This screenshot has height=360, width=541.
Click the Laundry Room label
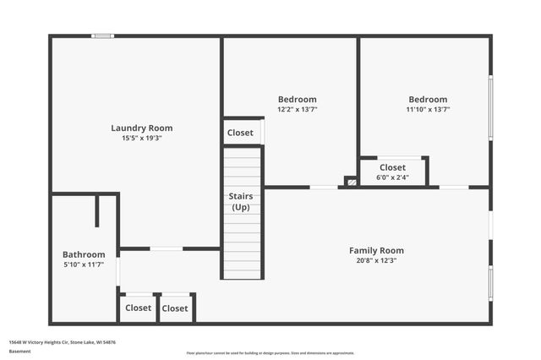point(141,128)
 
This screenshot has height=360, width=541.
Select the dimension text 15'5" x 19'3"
point(141,139)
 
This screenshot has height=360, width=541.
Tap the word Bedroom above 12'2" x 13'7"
point(297,99)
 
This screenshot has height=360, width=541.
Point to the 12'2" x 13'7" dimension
point(297,109)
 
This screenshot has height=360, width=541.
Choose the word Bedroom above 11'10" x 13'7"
point(428,99)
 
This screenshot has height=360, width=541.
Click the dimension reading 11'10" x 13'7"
point(428,109)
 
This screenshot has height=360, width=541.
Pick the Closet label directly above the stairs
point(240,133)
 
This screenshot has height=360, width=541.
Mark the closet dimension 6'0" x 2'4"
point(392,177)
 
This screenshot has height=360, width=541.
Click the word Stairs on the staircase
point(241,196)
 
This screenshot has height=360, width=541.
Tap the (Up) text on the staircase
point(241,207)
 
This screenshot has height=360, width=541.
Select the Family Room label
point(376,250)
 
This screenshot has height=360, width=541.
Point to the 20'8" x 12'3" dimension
point(376,261)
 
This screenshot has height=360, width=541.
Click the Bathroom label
point(84,254)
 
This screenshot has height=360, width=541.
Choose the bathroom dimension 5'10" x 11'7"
point(84,265)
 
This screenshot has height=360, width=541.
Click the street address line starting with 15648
point(63,342)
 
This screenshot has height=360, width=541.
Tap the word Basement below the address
point(19,352)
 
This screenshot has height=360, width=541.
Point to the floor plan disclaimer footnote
point(270,353)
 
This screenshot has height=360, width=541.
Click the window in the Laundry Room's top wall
point(102,35)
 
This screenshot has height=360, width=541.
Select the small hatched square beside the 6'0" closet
point(351,181)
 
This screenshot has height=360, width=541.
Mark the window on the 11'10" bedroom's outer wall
point(490,106)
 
